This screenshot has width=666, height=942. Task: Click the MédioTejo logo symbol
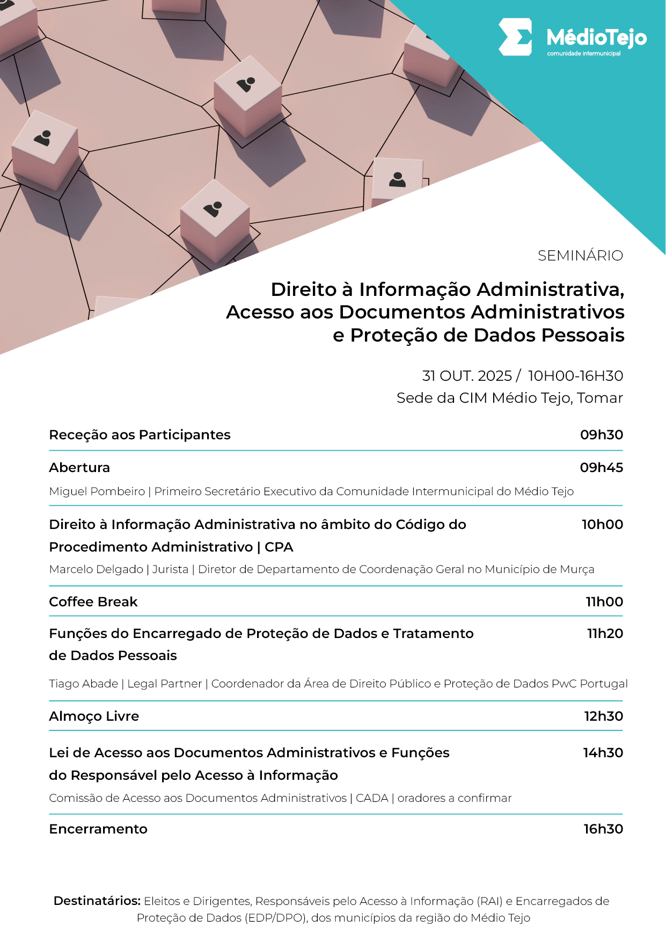pos(515,37)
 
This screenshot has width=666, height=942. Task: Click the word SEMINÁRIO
pos(580,256)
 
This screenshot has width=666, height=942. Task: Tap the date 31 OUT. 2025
pos(467,376)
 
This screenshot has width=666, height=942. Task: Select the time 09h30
pos(601,435)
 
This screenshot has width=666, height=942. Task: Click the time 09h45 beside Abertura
pos(601,468)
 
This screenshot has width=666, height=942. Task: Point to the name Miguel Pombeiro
pos(97,491)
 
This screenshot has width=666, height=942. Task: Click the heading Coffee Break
pos(93,602)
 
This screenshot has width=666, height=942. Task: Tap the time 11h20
pos(605,634)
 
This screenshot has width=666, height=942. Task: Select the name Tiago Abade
pos(83,684)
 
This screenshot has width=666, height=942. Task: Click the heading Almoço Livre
pos(94,716)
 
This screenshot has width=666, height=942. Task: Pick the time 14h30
pos(603,753)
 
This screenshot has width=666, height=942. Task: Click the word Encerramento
pos(98,829)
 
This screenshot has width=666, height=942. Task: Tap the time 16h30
pos(603,829)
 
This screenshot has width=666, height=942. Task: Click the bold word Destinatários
pos(97,901)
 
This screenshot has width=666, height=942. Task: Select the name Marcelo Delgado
pos(96,569)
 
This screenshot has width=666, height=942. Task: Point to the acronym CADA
pos(372,798)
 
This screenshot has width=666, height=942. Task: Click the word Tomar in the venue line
pos(600,398)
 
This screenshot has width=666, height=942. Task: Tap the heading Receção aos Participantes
pos(140,435)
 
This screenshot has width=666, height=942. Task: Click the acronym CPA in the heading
pos(279,547)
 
